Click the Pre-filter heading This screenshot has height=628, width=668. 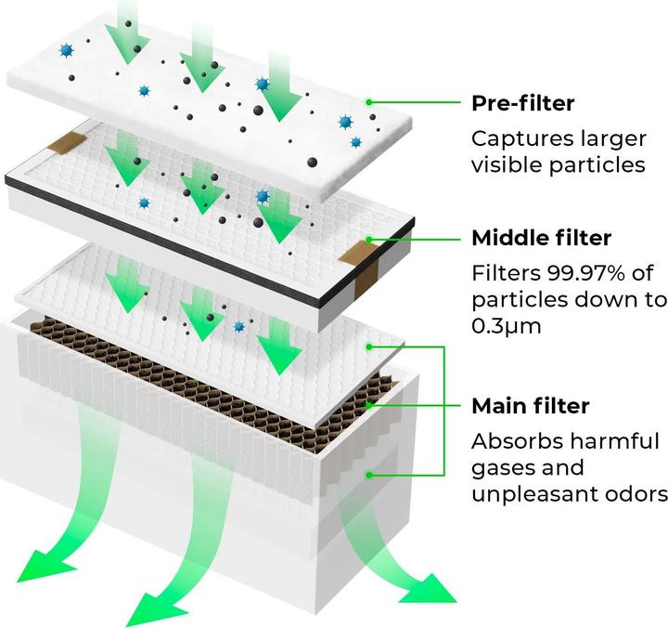pos(522,103)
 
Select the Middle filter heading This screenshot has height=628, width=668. pos(542,238)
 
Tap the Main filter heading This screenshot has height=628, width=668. pos(530,407)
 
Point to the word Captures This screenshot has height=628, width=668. pos(520,139)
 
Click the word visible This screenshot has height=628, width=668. pos(507,165)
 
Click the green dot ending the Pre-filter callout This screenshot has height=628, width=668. pos(369,102)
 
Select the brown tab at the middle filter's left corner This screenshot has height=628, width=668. pos(65,142)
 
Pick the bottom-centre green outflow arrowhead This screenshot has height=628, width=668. pos(153,608)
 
